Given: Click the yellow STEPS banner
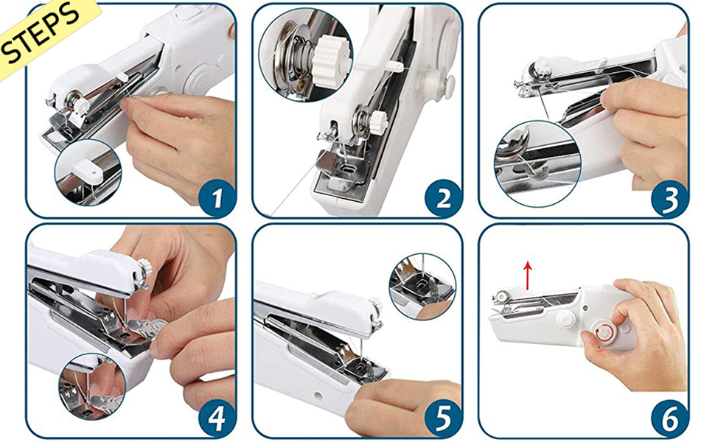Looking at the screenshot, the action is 43,34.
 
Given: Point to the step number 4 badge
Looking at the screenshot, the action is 217,419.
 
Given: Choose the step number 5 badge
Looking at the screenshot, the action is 443,419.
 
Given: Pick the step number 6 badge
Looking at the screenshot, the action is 669,419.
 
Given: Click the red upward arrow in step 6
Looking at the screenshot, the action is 528,276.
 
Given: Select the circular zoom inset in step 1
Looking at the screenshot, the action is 88,172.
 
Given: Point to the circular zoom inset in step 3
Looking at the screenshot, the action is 537,164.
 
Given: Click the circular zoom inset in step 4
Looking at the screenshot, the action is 91,387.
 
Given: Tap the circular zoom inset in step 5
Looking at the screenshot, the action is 422,286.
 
